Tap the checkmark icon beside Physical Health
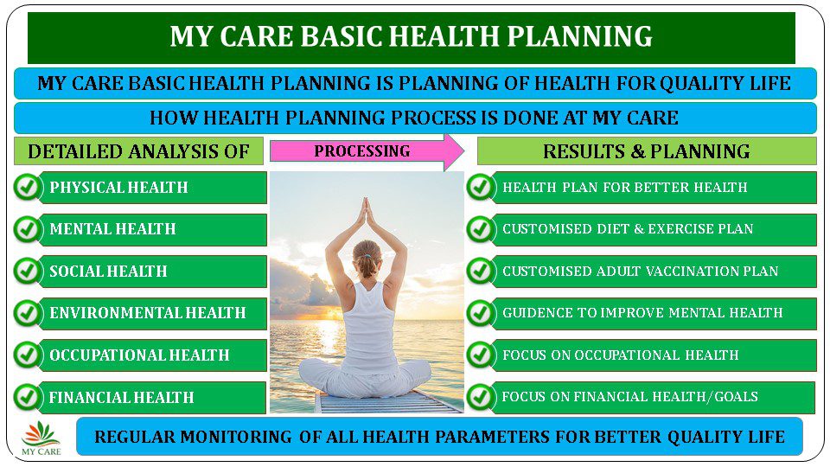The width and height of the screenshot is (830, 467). pos(28,187)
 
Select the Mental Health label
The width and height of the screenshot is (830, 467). pos(112,228)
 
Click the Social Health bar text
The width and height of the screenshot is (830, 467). pos(109,271)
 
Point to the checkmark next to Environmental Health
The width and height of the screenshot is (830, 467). pos(28,313)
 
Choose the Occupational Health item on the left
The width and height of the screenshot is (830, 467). pos(140,355)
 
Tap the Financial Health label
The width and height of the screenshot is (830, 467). pos(121,397)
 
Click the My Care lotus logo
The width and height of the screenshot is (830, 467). pos(41,438)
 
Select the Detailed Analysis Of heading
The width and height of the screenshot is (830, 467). pos(138,151)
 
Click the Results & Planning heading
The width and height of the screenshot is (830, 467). pos(647,151)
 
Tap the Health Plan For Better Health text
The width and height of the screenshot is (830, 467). pos(624,187)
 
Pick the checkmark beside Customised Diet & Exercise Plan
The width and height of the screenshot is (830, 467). pos(481,228)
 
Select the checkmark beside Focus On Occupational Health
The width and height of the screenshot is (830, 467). pos(481,355)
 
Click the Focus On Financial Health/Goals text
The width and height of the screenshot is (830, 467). pos(630,397)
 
